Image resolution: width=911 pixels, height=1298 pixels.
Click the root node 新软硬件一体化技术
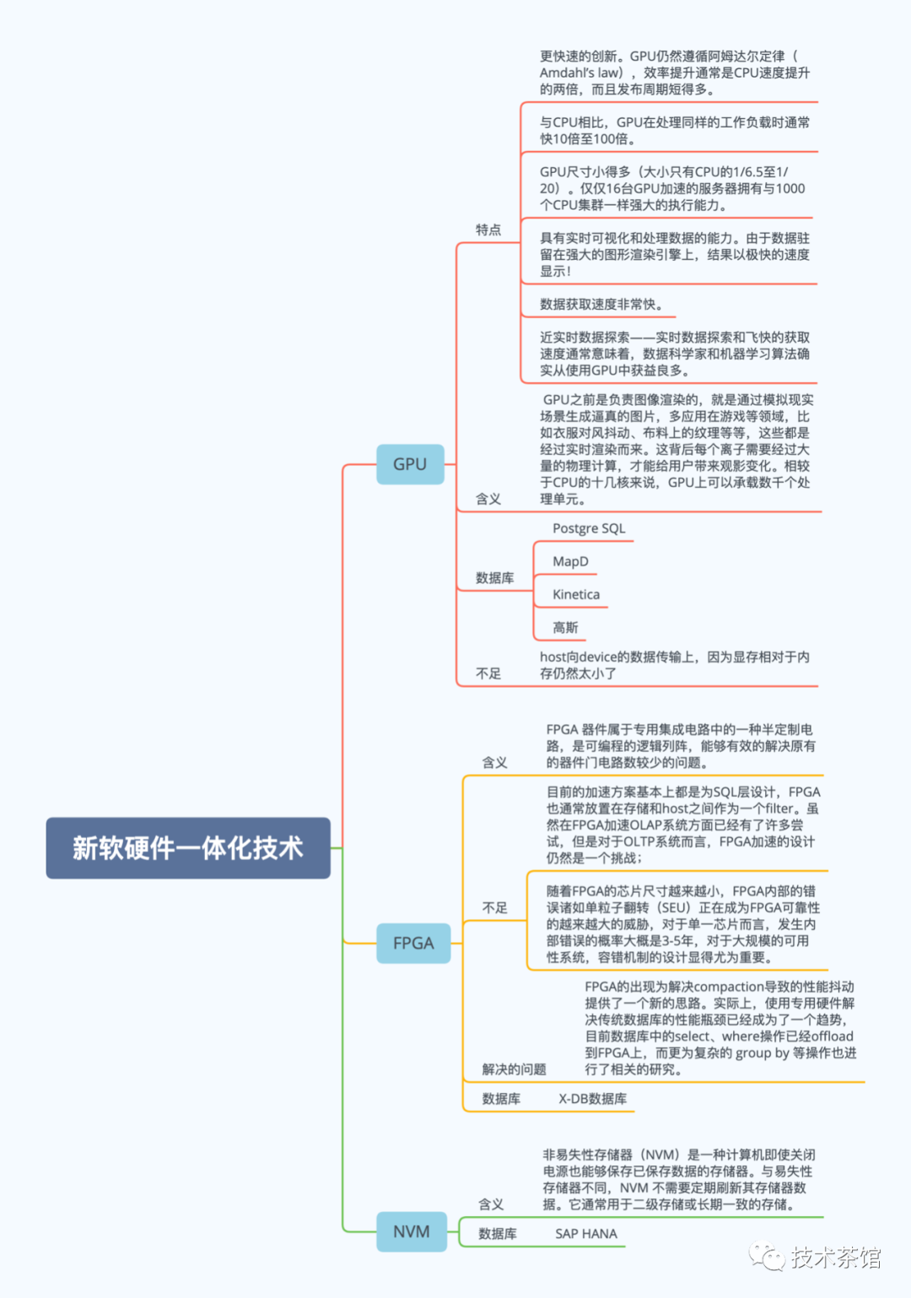click(x=187, y=847)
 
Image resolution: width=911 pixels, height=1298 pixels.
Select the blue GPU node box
click(x=410, y=464)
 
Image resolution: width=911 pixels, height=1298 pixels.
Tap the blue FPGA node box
click(x=413, y=943)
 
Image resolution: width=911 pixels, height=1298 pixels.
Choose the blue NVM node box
click(x=412, y=1231)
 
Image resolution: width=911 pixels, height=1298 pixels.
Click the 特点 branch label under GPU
click(x=488, y=230)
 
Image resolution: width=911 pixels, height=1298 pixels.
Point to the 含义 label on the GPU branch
click(x=488, y=499)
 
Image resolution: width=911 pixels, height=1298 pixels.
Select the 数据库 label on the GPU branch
click(x=494, y=578)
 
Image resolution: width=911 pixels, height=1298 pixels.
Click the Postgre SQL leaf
click(x=589, y=528)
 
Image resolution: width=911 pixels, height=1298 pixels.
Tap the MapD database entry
click(x=570, y=561)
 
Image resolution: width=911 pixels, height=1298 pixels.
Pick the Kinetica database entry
click(x=576, y=594)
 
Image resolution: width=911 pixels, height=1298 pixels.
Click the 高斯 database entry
click(x=565, y=627)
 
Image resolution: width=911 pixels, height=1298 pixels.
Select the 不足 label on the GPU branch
click(x=488, y=673)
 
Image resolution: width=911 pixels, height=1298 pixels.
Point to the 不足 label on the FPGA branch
click(x=494, y=907)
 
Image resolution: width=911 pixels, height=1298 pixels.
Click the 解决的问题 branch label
click(x=514, y=1069)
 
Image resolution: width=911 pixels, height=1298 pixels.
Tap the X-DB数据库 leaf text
click(x=592, y=1099)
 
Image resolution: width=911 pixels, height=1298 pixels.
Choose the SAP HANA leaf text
click(x=586, y=1234)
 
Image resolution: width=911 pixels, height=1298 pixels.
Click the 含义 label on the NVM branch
click(x=491, y=1204)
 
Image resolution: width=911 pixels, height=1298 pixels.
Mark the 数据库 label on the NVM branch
click(x=498, y=1234)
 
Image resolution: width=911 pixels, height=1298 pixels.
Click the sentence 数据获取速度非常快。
click(x=601, y=304)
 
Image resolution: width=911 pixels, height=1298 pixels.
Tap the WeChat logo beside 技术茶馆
click(x=767, y=1257)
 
